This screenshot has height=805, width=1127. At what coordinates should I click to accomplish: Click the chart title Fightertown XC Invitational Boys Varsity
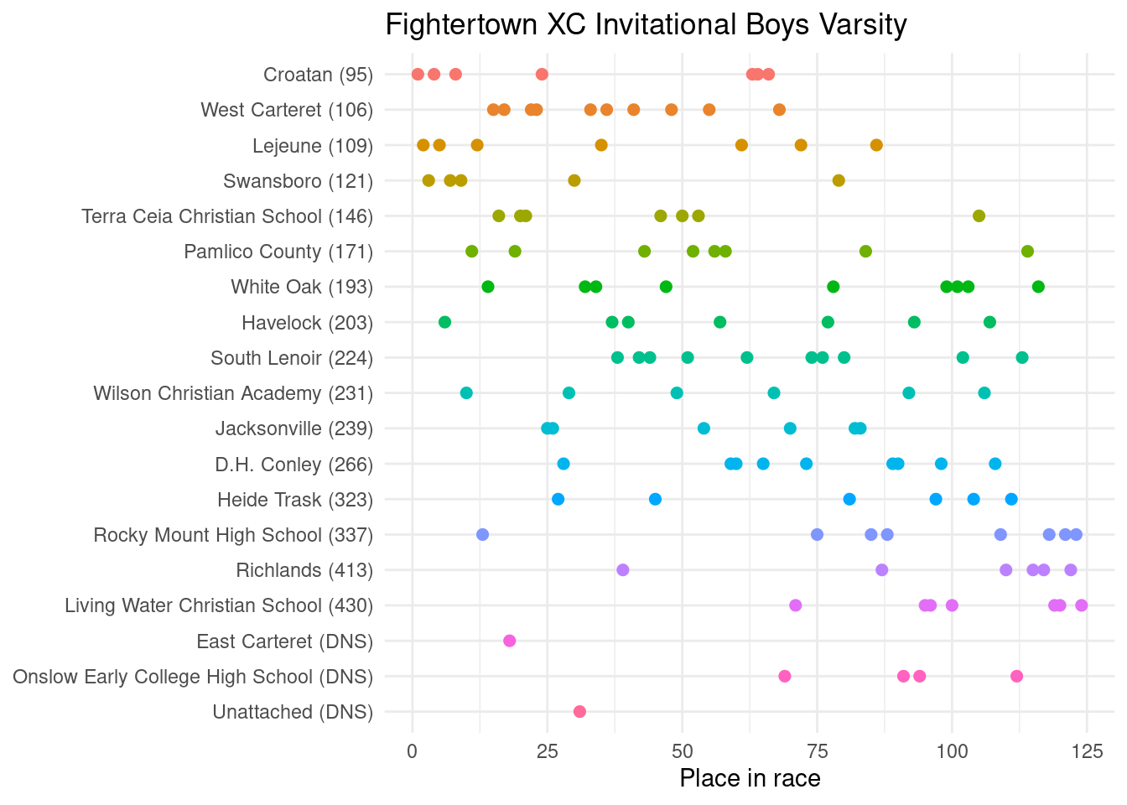[x=646, y=25]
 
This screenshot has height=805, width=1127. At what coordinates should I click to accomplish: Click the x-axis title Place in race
[x=750, y=778]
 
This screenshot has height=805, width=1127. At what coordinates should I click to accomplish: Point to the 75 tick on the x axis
[x=817, y=750]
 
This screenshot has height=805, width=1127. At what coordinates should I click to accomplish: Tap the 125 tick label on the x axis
[x=1087, y=750]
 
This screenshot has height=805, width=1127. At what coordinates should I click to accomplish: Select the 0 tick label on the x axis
[x=412, y=750]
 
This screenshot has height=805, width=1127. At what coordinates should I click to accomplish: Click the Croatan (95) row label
[x=318, y=75]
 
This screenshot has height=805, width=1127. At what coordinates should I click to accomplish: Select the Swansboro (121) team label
[x=298, y=181]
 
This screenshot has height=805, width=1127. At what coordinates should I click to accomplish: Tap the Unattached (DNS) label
[x=293, y=712]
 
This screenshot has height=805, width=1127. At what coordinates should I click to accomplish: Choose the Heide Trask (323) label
[x=294, y=500]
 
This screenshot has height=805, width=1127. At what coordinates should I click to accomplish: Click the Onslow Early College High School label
[x=193, y=677]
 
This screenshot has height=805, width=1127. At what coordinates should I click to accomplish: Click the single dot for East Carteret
[x=509, y=641]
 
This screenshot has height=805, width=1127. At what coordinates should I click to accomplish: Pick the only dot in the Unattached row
[x=579, y=712]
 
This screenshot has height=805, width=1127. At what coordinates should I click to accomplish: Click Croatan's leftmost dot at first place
[x=418, y=75]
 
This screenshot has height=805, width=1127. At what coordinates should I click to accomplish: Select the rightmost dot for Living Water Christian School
[x=1081, y=605]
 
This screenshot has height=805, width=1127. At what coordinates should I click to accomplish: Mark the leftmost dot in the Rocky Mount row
[x=482, y=535]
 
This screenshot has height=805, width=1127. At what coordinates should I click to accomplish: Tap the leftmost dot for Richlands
[x=622, y=570]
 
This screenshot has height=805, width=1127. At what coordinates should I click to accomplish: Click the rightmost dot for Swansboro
[x=839, y=180]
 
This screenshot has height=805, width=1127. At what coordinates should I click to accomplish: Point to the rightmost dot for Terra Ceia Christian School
[x=979, y=216]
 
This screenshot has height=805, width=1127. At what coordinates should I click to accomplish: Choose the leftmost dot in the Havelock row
[x=444, y=322]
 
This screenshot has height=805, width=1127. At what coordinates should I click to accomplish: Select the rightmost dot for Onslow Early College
[x=1016, y=677]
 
